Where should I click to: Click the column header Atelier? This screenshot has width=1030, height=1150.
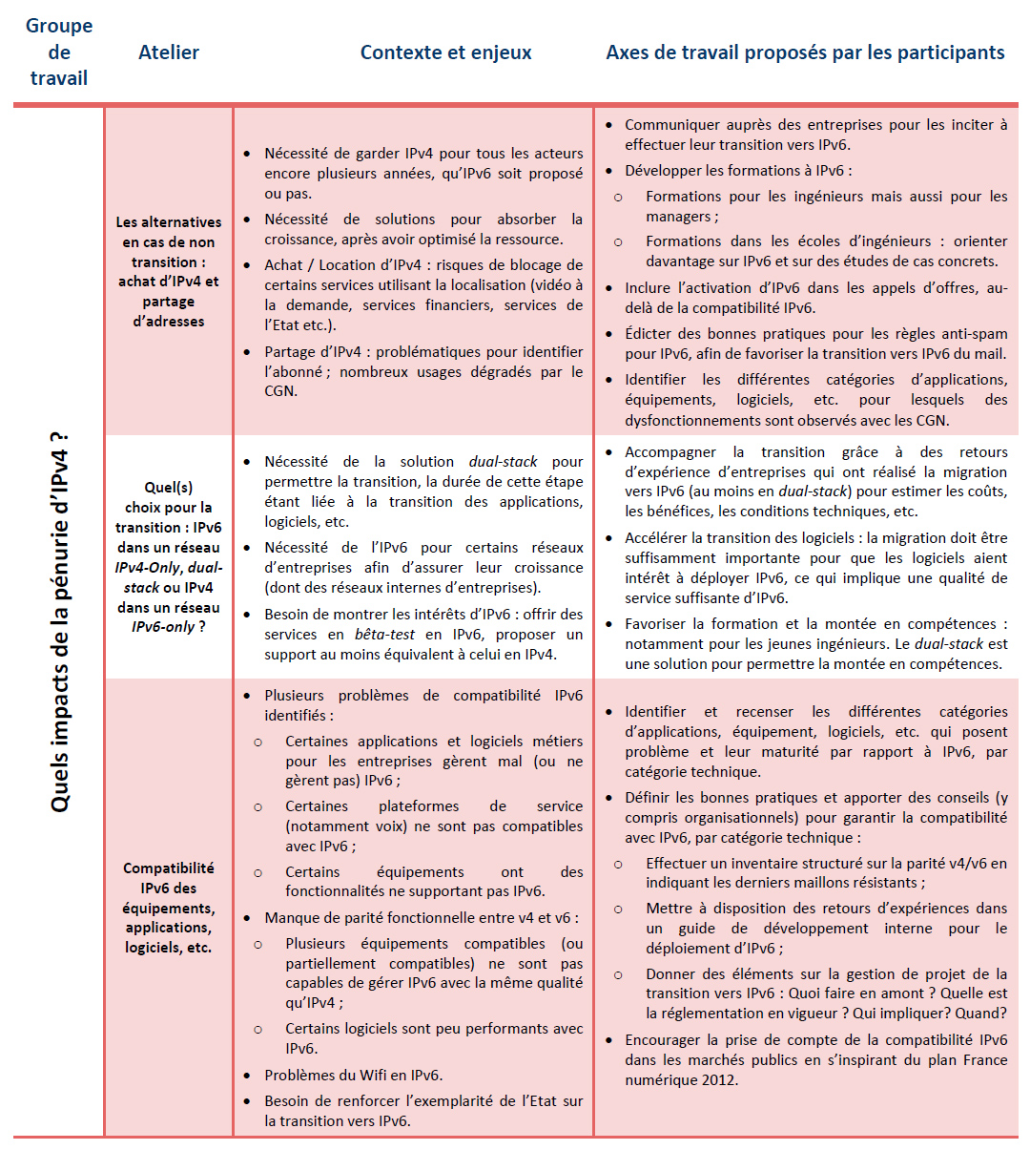169,52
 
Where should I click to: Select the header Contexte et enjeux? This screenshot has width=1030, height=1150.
445,52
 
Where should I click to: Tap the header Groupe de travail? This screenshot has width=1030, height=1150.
59,52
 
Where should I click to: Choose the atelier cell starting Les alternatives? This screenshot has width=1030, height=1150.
169,271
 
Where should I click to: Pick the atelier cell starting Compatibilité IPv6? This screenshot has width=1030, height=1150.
169,907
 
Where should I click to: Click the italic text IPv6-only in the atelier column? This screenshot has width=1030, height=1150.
163,627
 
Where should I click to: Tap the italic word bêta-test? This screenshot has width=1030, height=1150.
384,635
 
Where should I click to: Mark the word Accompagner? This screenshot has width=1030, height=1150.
670,452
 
